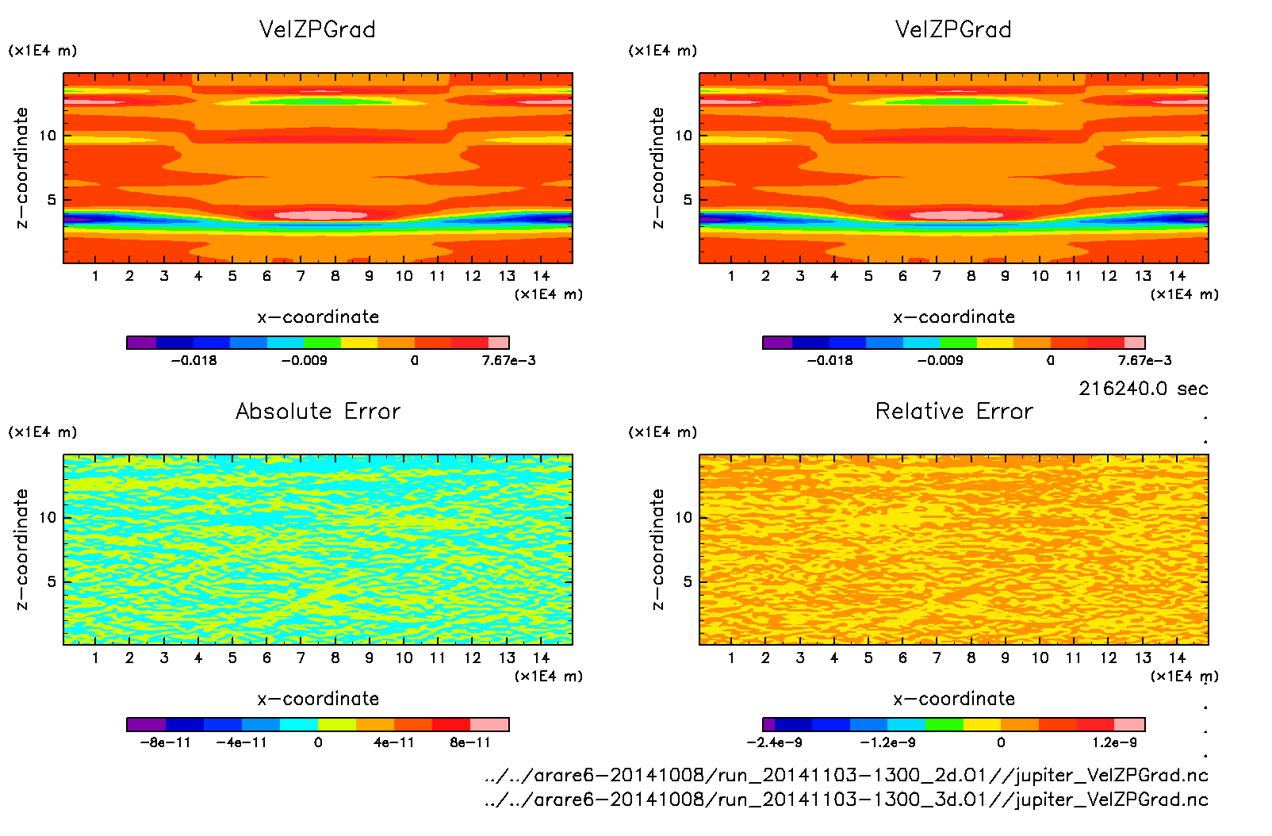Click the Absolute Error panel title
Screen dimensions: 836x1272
[x=318, y=411]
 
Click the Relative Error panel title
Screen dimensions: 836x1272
[x=954, y=411]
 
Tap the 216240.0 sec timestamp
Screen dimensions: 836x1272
[x=1143, y=389]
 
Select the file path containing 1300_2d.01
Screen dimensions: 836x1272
[x=847, y=775]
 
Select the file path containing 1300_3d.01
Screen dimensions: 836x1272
[x=847, y=800]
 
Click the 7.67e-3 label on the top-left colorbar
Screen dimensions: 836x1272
[x=508, y=360]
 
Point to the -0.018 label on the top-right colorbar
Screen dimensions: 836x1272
[x=829, y=360]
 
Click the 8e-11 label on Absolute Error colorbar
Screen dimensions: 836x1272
[x=470, y=742]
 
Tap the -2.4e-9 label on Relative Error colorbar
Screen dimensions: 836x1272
[x=774, y=742]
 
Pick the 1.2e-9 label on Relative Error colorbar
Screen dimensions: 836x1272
[x=1114, y=742]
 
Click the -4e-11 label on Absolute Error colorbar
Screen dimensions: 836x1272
[x=242, y=742]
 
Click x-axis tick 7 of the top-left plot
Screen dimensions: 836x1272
[x=301, y=276]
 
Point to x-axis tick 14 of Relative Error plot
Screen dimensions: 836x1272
[x=1177, y=658]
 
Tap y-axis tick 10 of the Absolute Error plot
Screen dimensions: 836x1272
[x=48, y=517]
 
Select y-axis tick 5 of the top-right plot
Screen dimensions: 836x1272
[x=688, y=200]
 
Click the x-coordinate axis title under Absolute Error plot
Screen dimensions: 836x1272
[x=318, y=699]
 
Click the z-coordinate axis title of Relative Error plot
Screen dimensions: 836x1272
[x=657, y=549]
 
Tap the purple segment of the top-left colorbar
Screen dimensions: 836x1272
[x=142, y=343]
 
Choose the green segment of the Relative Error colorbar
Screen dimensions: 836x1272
[x=944, y=724]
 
